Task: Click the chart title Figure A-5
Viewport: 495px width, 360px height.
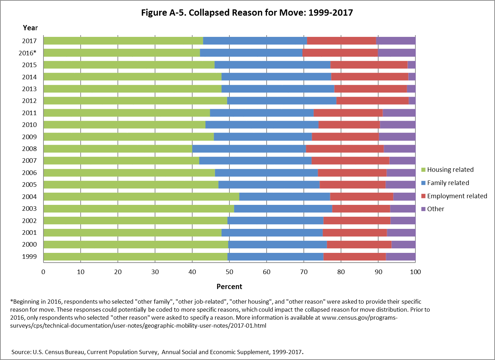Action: tap(247, 13)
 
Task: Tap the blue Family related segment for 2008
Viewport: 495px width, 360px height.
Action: tap(249, 149)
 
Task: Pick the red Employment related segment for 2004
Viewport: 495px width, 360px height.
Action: tap(362, 197)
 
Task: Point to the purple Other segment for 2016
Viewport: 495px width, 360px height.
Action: tap(397, 53)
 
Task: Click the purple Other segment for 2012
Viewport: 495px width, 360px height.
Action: tap(412, 101)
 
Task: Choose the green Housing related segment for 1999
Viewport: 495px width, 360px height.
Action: tap(135, 257)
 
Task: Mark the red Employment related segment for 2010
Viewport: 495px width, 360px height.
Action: tap(349, 125)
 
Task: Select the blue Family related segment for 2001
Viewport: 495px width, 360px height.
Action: tap(272, 233)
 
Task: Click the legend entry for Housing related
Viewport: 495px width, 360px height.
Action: tap(450, 170)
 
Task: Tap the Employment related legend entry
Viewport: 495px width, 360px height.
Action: tap(457, 196)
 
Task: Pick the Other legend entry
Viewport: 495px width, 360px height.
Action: tap(436, 209)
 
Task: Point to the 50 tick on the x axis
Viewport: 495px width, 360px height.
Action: tap(229, 272)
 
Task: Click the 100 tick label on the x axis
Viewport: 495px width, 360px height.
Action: tap(415, 272)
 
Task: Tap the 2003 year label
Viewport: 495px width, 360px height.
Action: tap(30, 209)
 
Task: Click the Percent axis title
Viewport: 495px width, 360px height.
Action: tap(229, 287)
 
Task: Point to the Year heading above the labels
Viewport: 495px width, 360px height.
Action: tap(30, 28)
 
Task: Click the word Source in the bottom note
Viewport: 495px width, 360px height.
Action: tap(22, 352)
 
